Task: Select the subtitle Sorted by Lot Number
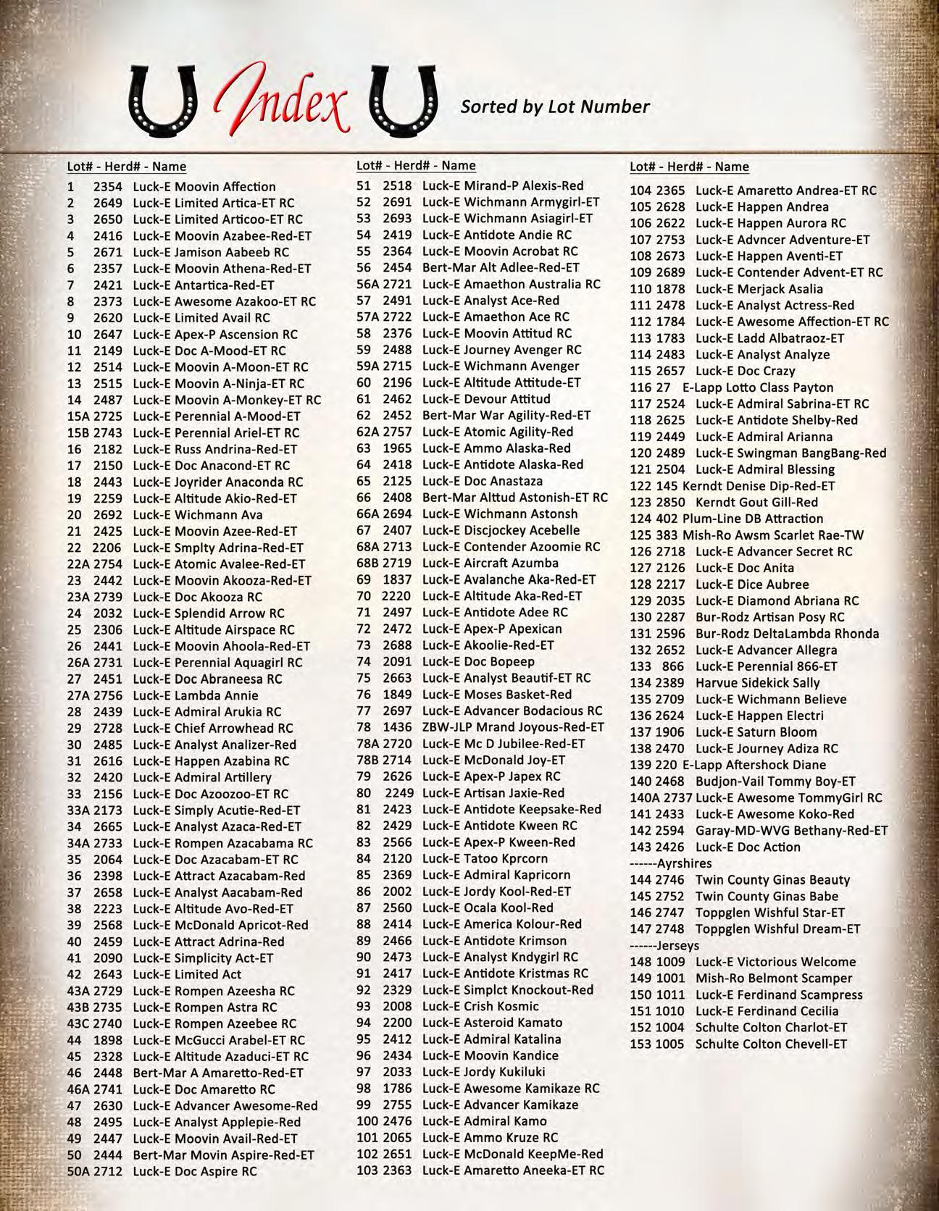[555, 107]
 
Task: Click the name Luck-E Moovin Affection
[204, 187]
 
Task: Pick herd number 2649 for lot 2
[107, 204]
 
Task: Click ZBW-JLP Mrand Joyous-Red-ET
[512, 727]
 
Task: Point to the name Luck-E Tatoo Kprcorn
[485, 859]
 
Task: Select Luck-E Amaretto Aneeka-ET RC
[512, 1170]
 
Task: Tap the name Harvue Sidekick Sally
[757, 683]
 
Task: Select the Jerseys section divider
[664, 946]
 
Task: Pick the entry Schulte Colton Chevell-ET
[770, 1044]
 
